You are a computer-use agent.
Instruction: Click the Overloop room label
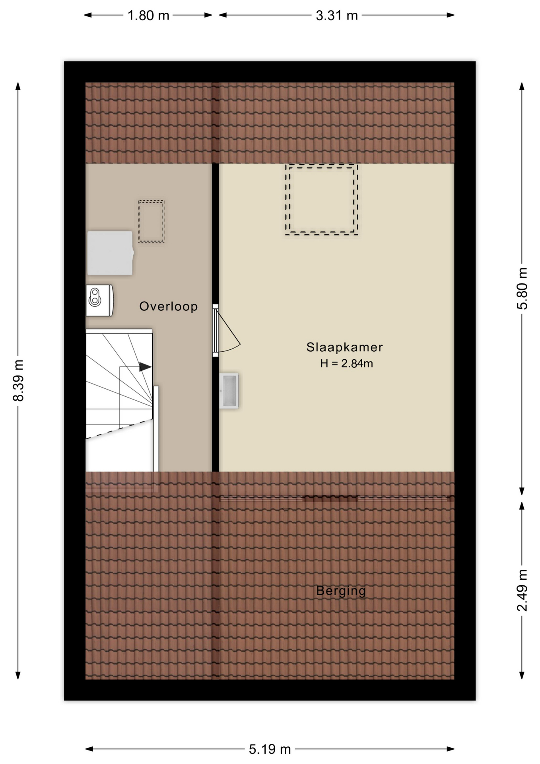168,306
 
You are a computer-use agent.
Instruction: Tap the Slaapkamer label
344,347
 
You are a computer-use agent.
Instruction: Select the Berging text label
341,591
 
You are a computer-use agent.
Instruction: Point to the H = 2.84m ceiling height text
346,364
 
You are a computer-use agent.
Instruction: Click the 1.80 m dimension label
148,16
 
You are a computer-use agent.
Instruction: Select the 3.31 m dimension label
337,16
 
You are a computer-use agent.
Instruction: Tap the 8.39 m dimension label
18,380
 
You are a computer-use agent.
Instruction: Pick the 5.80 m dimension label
522,288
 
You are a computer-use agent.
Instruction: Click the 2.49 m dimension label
522,590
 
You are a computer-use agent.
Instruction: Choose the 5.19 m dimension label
270,750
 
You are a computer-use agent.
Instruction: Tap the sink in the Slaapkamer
229,391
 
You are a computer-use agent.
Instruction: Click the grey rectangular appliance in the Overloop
110,253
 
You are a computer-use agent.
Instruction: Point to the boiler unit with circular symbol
99,300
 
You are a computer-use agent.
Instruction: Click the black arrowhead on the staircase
145,367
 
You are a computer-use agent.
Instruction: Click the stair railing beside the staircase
156,429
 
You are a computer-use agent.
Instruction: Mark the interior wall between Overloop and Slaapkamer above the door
216,234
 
